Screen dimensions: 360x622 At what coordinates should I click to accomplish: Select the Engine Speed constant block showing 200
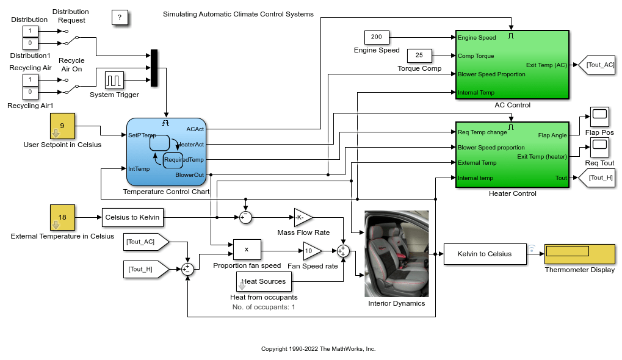377,38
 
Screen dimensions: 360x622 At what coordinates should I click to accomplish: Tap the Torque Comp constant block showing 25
419,56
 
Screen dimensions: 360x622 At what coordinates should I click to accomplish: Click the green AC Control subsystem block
512,65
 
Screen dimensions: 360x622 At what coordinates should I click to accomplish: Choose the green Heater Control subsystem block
512,155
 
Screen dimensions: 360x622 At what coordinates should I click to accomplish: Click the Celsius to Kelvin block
132,217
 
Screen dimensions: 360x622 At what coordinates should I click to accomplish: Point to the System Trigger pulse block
114,81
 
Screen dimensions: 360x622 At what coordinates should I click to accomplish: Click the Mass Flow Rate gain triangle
302,217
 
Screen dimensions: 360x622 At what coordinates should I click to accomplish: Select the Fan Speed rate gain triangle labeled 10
311,251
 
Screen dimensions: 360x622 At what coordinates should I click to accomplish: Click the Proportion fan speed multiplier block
247,250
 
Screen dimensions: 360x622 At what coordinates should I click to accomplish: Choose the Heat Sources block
264,281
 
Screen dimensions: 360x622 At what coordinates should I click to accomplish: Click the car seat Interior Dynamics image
396,253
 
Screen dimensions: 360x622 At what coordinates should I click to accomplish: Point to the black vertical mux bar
154,68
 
